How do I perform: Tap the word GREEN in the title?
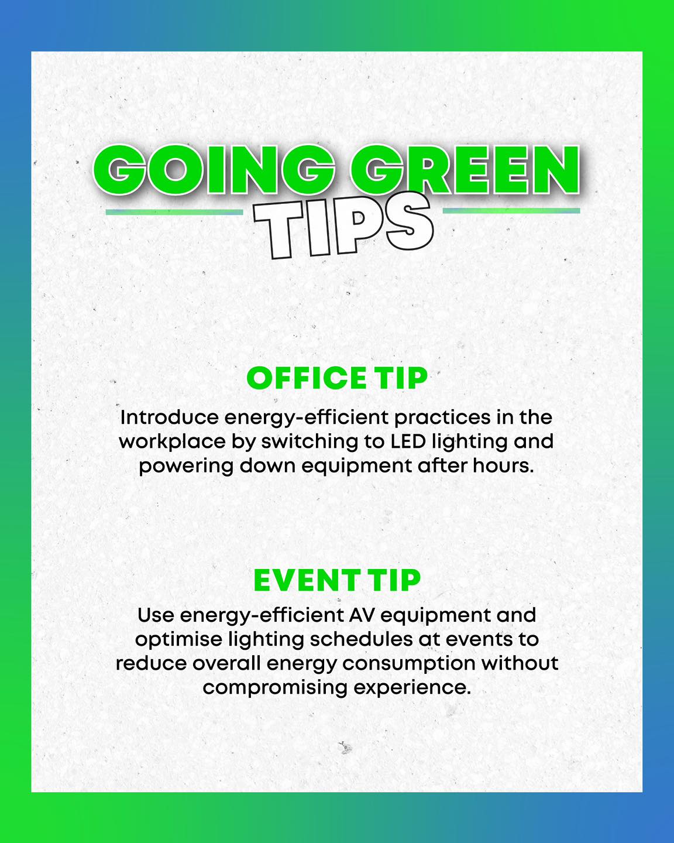pyautogui.click(x=465, y=170)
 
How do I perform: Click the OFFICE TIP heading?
pyautogui.click(x=337, y=378)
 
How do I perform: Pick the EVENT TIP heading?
pyautogui.click(x=337, y=580)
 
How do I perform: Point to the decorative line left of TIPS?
pyautogui.click(x=174, y=212)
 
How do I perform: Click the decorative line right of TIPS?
pyautogui.click(x=511, y=211)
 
